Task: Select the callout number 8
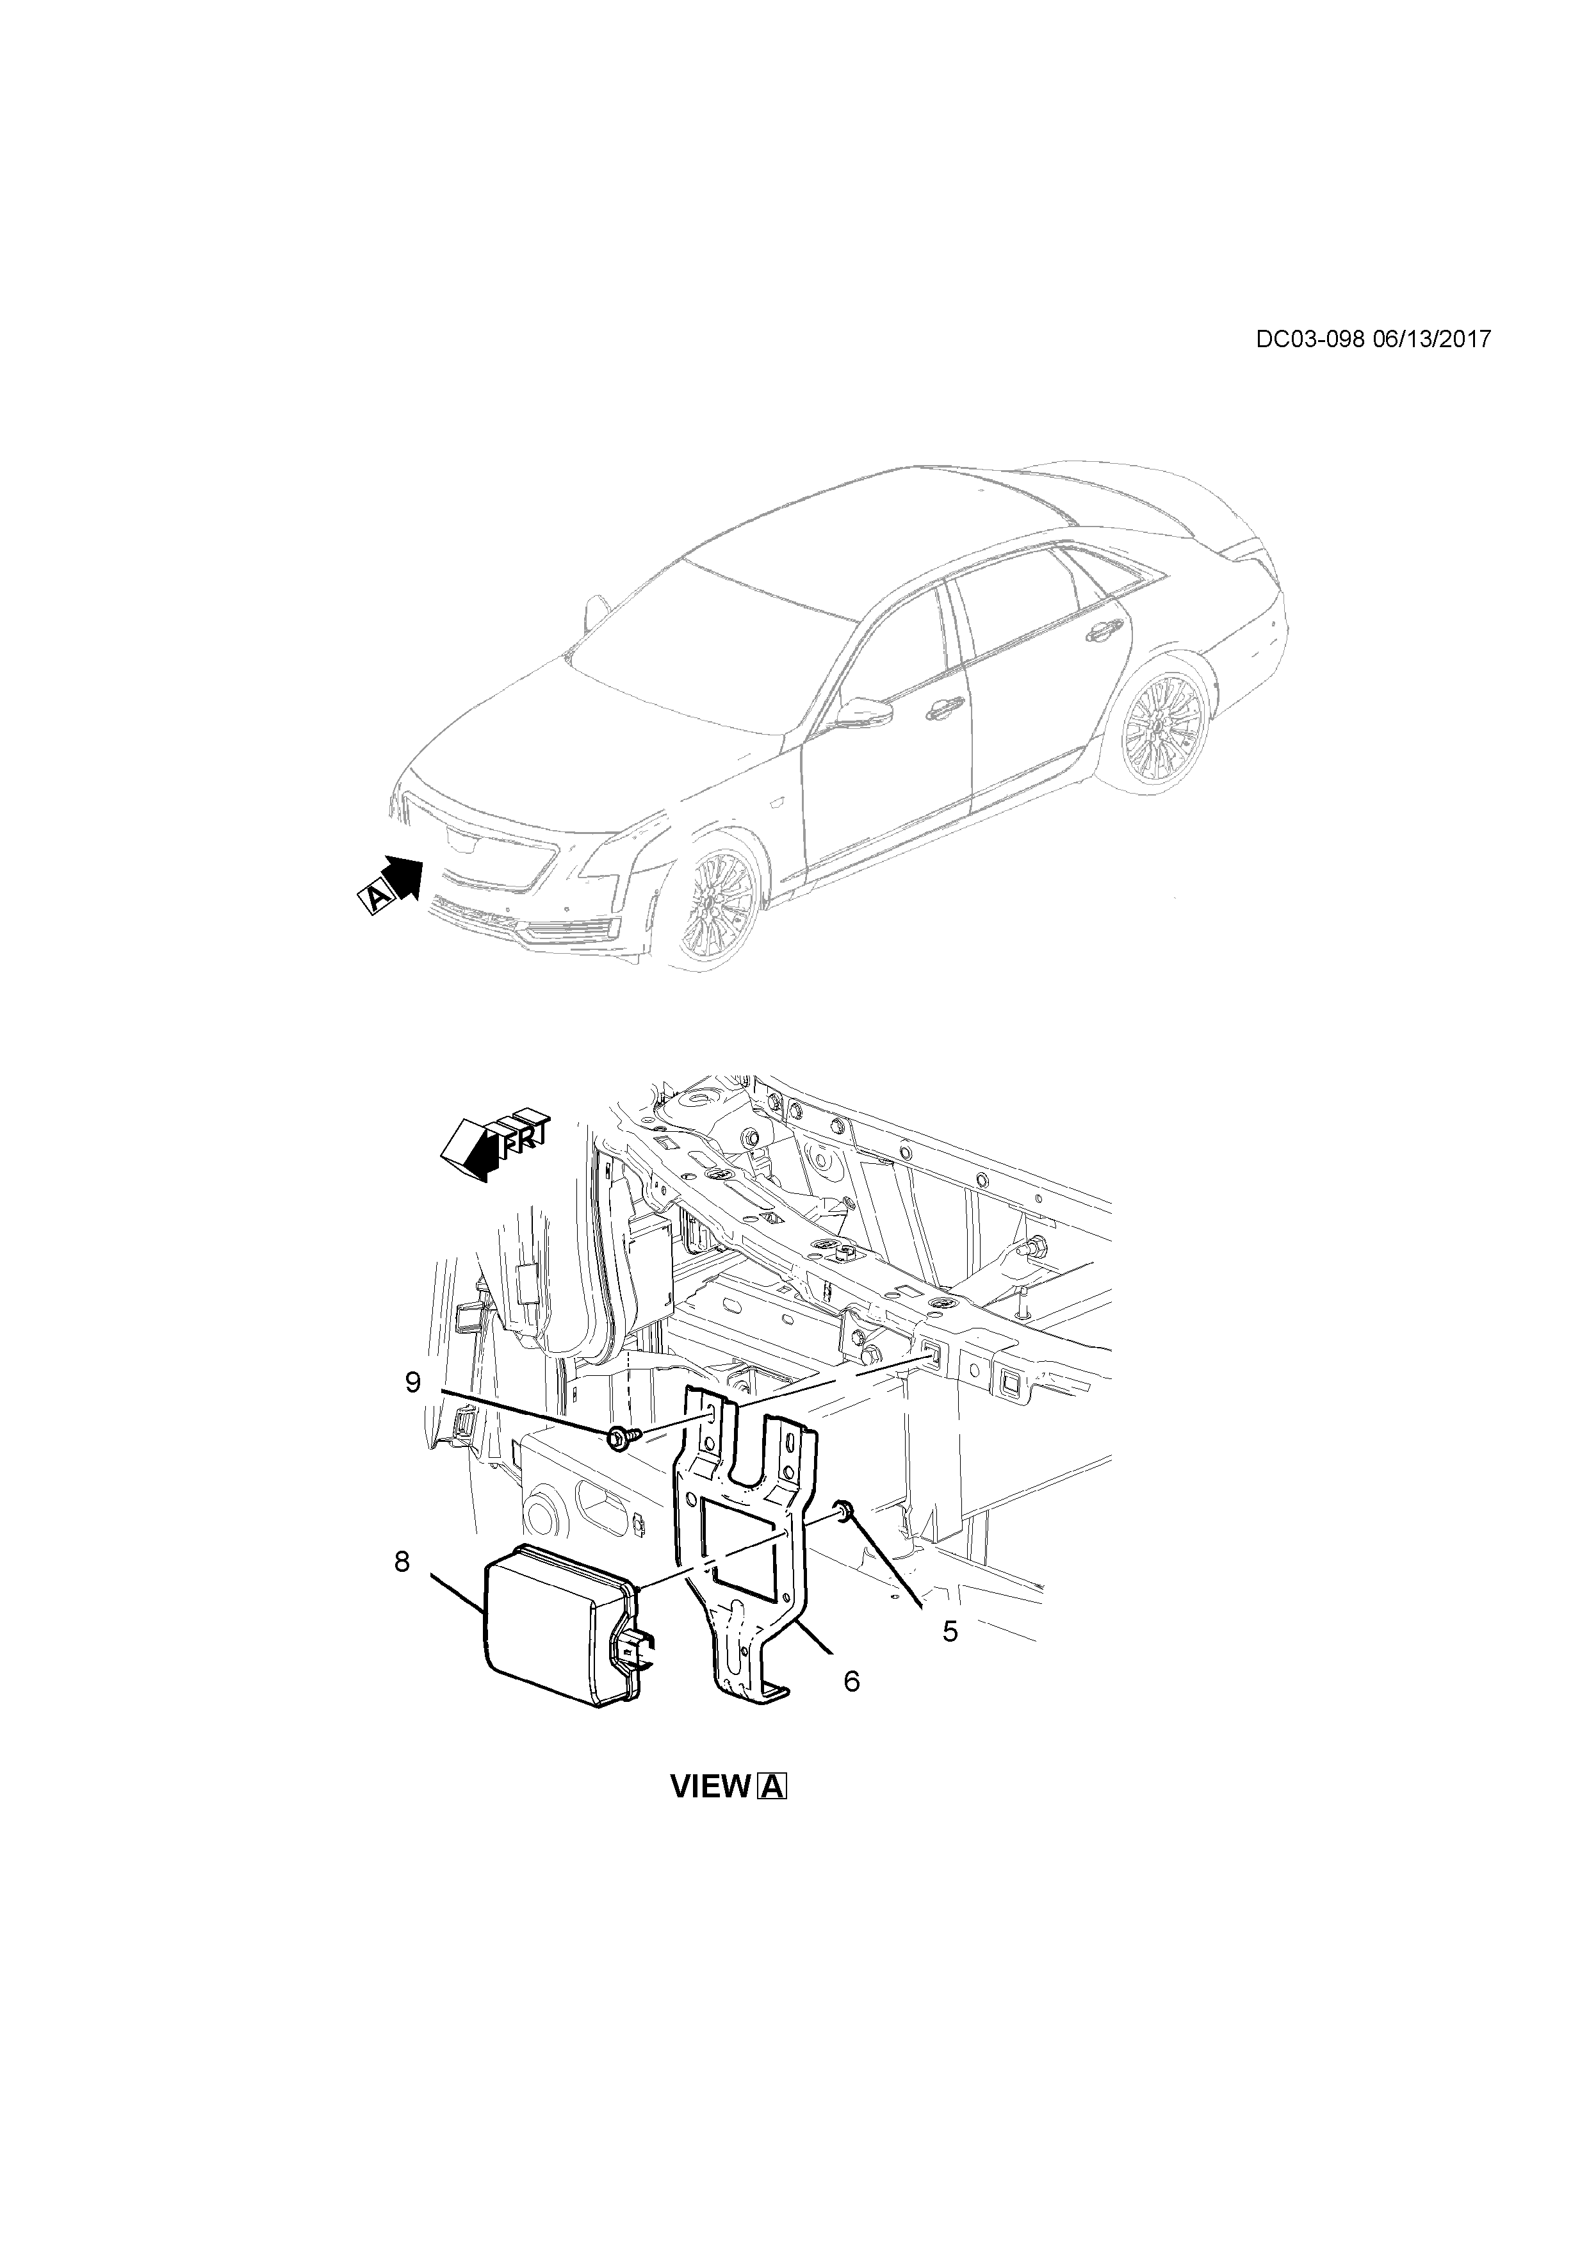pyautogui.click(x=402, y=1562)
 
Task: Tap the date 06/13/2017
pyautogui.click(x=1431, y=339)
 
